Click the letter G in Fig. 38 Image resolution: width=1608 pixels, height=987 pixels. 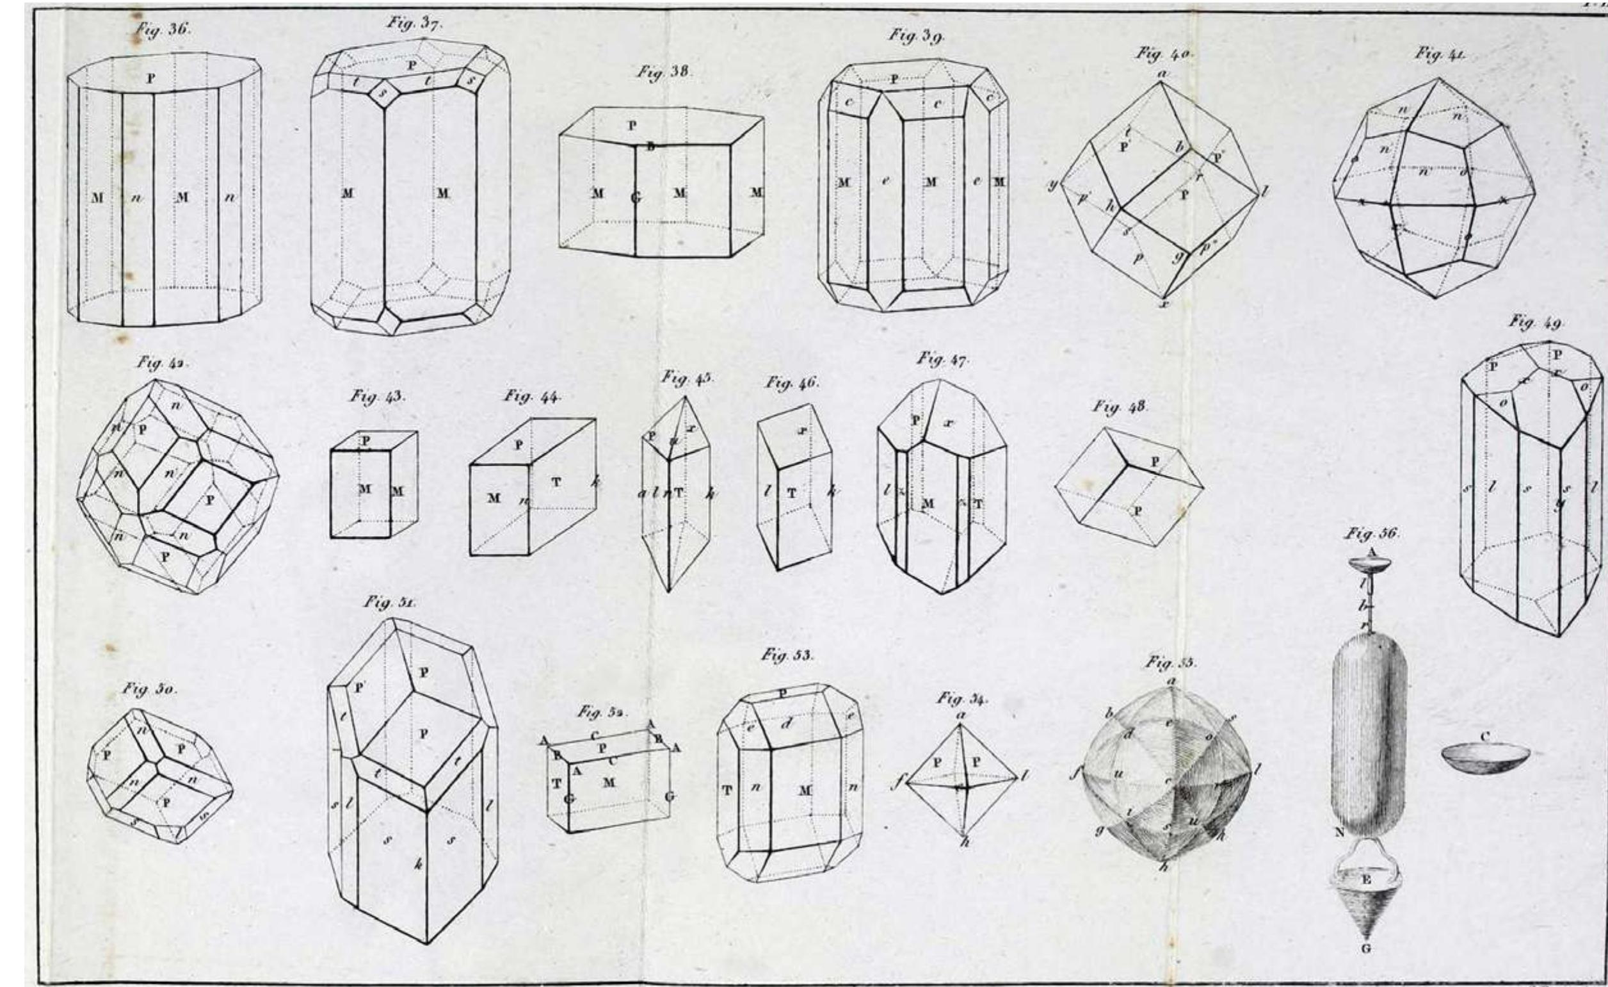635,197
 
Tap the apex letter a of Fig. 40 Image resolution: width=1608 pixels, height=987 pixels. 1162,74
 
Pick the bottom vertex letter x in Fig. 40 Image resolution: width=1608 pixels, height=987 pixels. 1163,304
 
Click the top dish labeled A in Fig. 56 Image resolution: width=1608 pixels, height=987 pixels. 1370,564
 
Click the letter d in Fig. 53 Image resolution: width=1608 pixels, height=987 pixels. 786,723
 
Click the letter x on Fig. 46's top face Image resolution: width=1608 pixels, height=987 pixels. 802,432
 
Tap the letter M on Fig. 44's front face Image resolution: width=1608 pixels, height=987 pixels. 494,499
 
